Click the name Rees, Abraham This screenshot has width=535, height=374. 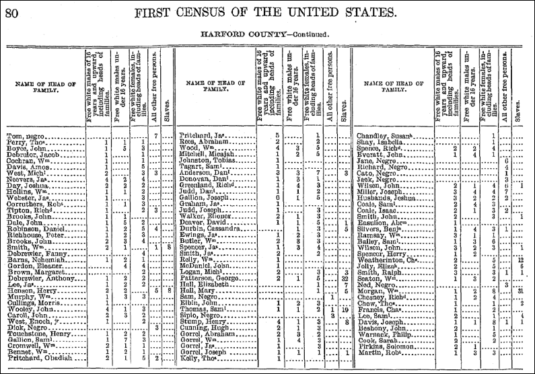(204, 142)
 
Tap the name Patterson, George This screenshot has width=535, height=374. (210, 278)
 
